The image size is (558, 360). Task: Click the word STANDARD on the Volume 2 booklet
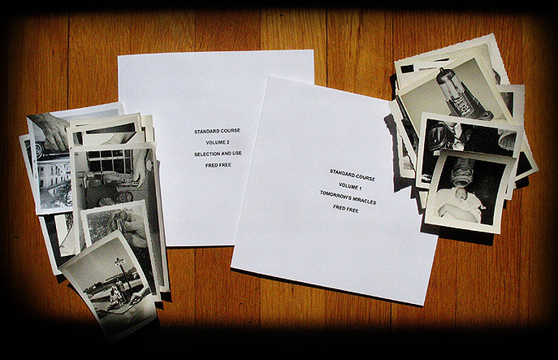pos(206,132)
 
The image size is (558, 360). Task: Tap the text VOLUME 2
pos(218,142)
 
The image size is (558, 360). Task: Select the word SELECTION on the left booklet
pos(207,154)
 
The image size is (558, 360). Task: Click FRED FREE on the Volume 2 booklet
pos(218,165)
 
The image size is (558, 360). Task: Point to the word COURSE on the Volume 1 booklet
pos(364,177)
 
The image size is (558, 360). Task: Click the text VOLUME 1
pos(350,186)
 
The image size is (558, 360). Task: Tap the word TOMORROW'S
pos(335,196)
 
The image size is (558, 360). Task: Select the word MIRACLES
pos(364,201)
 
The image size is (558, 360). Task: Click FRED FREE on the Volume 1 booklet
pos(346,209)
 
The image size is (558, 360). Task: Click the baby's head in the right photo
pos(461,195)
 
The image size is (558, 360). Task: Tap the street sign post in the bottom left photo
pos(122,272)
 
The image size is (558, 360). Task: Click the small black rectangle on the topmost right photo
pos(408,69)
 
